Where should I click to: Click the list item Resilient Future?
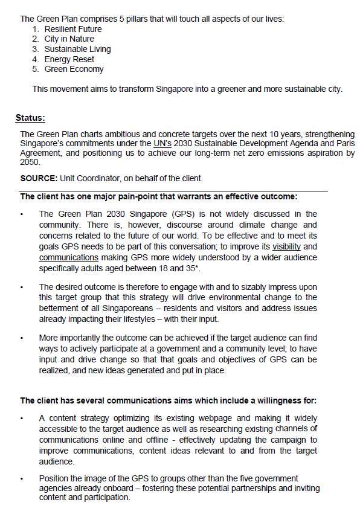tap(73, 29)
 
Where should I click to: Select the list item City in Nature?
tap(69, 39)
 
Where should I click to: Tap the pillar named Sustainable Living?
tap(77, 49)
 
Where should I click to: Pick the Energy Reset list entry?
tap(69, 59)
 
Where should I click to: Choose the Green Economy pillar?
tap(74, 69)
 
